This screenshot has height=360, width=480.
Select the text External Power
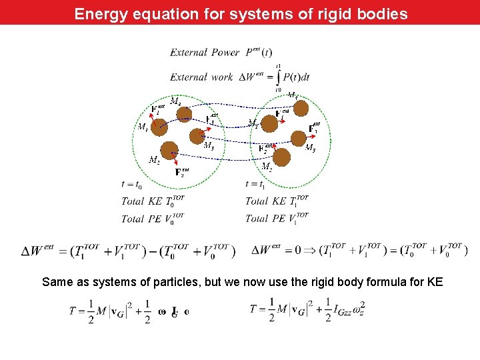pos(205,52)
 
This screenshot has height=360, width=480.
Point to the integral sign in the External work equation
pos(277,77)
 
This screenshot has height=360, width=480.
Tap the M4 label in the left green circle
pos(174,101)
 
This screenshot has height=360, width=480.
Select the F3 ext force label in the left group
pos(211,119)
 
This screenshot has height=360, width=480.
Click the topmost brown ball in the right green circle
pos(301,107)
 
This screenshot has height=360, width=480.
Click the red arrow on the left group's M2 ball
pos(174,159)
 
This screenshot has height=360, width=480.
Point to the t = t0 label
pos(131,184)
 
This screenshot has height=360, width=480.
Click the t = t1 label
pos(255,184)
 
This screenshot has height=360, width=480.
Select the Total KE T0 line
pos(153,201)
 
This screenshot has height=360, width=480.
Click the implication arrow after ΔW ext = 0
pos(312,251)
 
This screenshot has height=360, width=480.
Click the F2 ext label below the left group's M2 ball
pos(182,173)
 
